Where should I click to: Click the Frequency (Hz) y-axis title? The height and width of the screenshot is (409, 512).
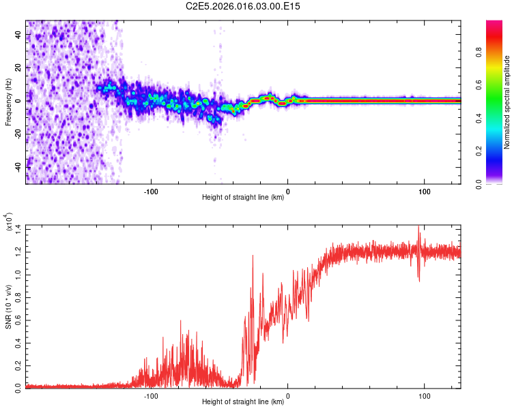pyautogui.click(x=8, y=102)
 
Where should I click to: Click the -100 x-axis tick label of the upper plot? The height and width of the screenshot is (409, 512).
pyautogui.click(x=151, y=191)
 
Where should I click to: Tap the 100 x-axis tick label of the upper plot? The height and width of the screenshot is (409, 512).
pyautogui.click(x=424, y=191)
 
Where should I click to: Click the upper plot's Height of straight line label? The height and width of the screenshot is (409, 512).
pyautogui.click(x=243, y=198)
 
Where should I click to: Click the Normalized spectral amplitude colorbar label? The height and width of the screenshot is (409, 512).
pyautogui.click(x=507, y=102)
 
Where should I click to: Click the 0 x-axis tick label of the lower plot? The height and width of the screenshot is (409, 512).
pyautogui.click(x=287, y=395)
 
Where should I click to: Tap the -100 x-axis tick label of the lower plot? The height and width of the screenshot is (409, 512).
pyautogui.click(x=151, y=395)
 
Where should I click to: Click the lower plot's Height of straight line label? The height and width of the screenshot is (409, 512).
pyautogui.click(x=243, y=402)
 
